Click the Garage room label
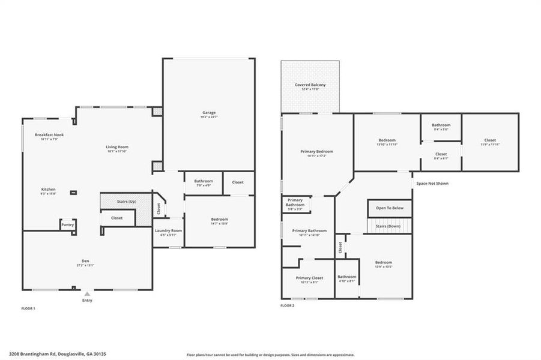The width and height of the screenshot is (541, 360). coord(209,113)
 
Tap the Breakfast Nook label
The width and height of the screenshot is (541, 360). coord(49,135)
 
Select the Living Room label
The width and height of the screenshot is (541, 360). coord(118,147)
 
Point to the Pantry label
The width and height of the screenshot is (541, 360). coord(68,224)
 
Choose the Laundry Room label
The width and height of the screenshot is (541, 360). coord(168,230)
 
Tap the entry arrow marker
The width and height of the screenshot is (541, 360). coord(87,294)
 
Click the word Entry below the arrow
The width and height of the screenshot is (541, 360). coord(87,301)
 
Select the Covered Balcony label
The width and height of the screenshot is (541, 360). coord(310,85)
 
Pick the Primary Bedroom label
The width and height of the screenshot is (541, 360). coord(317,152)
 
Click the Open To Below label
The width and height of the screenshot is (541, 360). coord(390,208)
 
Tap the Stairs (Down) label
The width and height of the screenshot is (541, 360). coord(389,226)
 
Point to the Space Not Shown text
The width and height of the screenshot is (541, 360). coord(432,184)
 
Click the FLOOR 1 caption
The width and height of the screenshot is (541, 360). coord(28,308)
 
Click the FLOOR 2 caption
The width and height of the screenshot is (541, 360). coord(288,305)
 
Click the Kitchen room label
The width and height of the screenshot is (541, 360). coord(48,189)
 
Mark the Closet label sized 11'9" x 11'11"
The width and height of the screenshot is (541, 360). coord(490,140)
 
